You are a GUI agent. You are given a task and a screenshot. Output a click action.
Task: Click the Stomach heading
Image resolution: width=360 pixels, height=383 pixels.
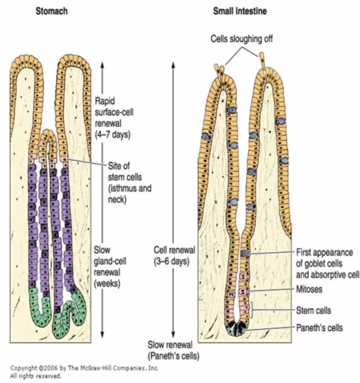[51, 11]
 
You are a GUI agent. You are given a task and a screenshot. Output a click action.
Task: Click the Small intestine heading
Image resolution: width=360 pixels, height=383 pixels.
[240, 11]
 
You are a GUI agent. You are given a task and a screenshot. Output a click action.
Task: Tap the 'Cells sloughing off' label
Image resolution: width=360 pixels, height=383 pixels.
[242, 39]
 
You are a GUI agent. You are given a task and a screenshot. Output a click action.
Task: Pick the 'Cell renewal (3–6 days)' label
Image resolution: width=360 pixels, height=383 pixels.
[174, 255]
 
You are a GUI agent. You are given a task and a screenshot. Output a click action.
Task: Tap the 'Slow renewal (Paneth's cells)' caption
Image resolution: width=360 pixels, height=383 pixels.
[174, 350]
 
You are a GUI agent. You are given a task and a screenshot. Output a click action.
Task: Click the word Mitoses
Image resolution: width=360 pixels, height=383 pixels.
[309, 289]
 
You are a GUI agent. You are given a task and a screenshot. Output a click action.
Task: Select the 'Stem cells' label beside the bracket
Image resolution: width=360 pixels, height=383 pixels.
[314, 310]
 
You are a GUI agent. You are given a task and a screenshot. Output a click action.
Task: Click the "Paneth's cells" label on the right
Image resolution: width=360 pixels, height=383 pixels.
[319, 328]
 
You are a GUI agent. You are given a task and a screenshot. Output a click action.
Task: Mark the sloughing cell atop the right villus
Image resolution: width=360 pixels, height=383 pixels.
[262, 59]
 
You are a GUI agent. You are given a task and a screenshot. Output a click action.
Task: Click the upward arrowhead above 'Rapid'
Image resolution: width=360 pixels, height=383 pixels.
[102, 65]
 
